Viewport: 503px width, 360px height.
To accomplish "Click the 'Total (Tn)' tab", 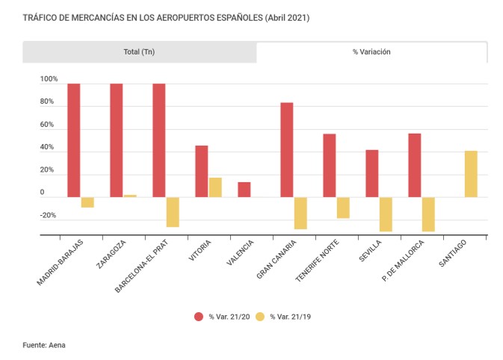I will tap(139, 52).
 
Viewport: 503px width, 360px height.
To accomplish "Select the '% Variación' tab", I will tap(371, 52).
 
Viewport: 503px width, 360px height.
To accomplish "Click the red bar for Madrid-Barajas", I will tap(74, 140).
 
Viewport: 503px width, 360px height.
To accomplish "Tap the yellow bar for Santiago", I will tap(471, 174).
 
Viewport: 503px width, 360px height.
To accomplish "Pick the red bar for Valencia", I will tap(244, 190).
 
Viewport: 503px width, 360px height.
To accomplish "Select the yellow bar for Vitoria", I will tap(215, 187).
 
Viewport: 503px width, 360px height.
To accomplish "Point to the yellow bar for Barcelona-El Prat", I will tap(173, 212).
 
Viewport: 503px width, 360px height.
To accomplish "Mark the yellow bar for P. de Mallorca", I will tap(428, 214).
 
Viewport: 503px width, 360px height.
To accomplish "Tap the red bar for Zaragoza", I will tap(117, 140).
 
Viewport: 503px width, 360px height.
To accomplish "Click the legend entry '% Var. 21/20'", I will tap(221, 317).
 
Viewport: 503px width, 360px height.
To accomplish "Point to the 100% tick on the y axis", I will tap(49, 79).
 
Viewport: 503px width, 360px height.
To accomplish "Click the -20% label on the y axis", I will tap(49, 216).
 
